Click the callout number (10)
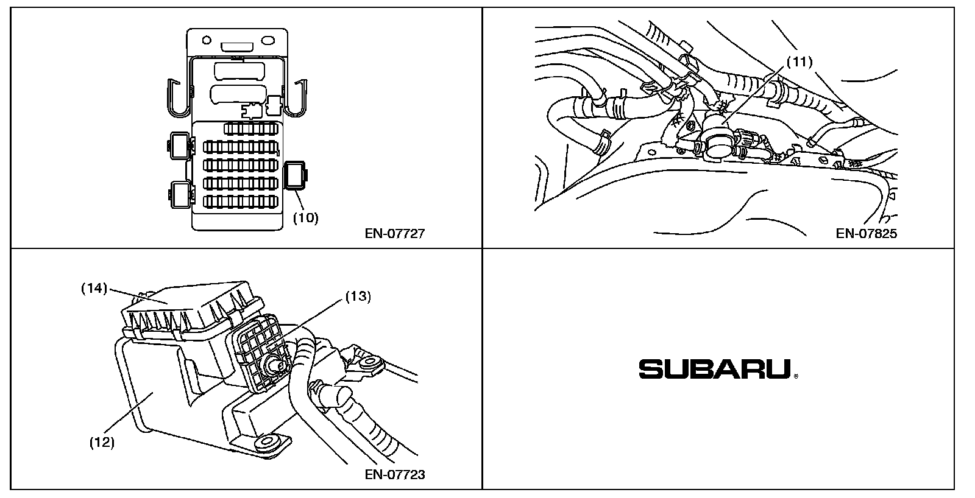click(x=305, y=218)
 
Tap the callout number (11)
click(x=799, y=62)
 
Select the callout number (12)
click(x=102, y=443)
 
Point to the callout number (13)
click(x=358, y=296)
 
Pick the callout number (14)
click(x=94, y=288)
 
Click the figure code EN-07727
click(x=394, y=234)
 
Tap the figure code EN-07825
click(x=866, y=234)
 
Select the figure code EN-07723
click(x=394, y=474)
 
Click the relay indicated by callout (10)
click(x=295, y=176)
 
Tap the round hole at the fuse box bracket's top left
click(x=207, y=40)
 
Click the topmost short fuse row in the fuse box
click(x=252, y=128)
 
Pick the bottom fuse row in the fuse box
click(x=240, y=202)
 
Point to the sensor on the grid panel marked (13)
click(x=274, y=363)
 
